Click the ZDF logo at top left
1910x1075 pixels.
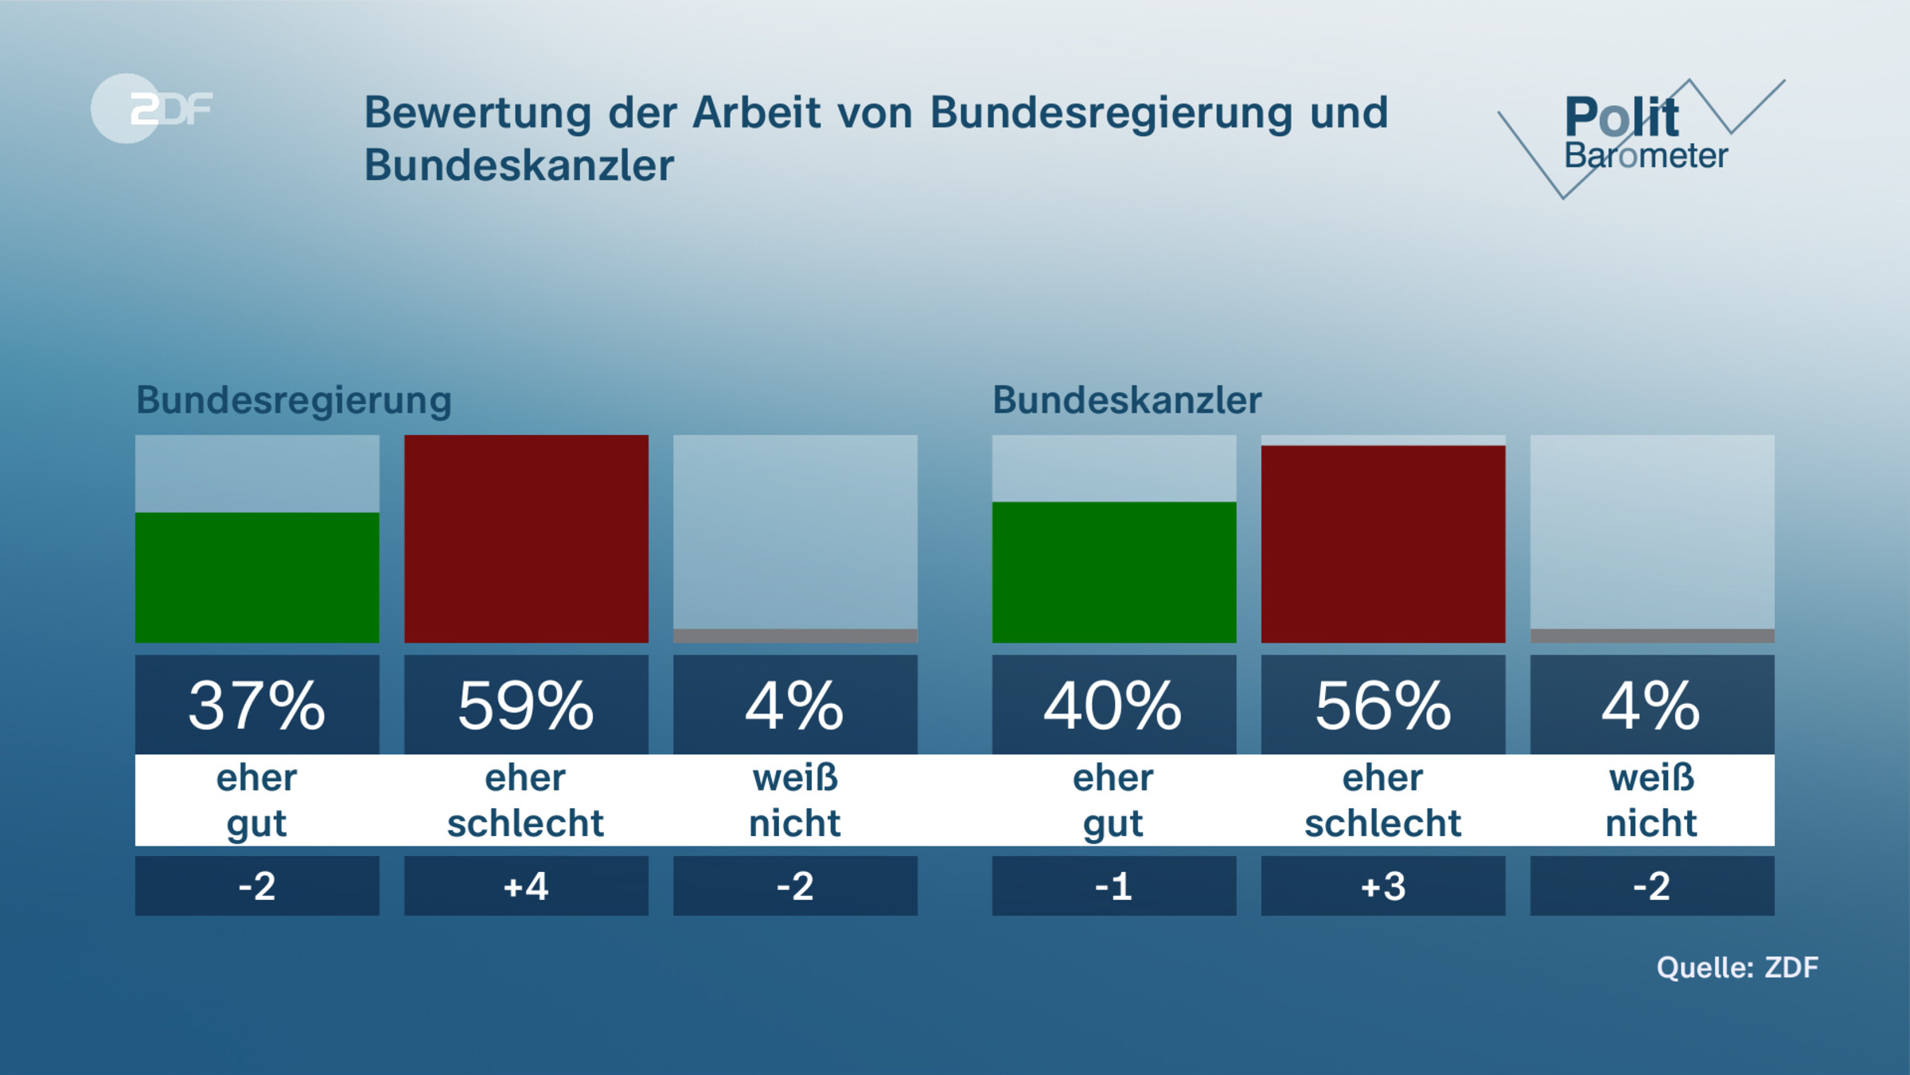pos(151,108)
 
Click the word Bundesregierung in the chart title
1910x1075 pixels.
pos(1111,112)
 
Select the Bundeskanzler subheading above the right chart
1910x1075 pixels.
pos(1126,400)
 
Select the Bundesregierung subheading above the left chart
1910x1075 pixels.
pos(294,400)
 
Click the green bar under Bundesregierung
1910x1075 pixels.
pos(257,577)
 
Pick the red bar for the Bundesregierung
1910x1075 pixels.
pos(526,538)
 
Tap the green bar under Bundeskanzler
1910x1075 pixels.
pos(1113,572)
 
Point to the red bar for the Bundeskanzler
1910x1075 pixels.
pos(1382,544)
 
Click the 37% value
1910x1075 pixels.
pos(257,706)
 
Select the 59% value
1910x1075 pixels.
pos(526,706)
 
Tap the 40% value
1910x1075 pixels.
pos(1113,706)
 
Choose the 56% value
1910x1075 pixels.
pos(1382,706)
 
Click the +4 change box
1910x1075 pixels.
pos(526,885)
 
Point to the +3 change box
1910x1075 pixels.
pos(1382,885)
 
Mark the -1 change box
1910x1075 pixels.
pos(1113,885)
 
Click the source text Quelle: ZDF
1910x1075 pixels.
pos(1737,967)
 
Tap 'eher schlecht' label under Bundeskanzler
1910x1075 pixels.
pos(1382,800)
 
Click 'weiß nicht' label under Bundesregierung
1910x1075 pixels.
pos(795,800)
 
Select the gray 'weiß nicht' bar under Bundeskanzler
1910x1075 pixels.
pos(1651,635)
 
